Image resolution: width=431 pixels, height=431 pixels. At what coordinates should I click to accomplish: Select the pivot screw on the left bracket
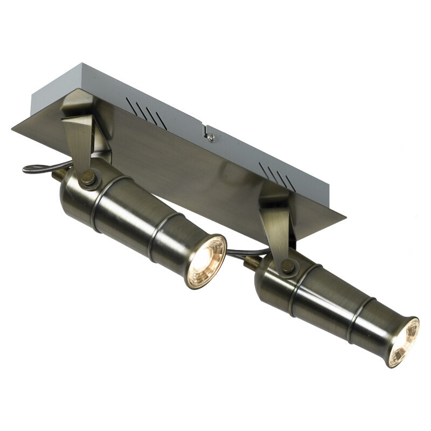click(x=87, y=176)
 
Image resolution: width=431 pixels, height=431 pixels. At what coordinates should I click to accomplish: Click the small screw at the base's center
click(x=211, y=138)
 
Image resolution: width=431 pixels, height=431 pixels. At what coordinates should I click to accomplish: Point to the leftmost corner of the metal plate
click(x=12, y=128)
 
